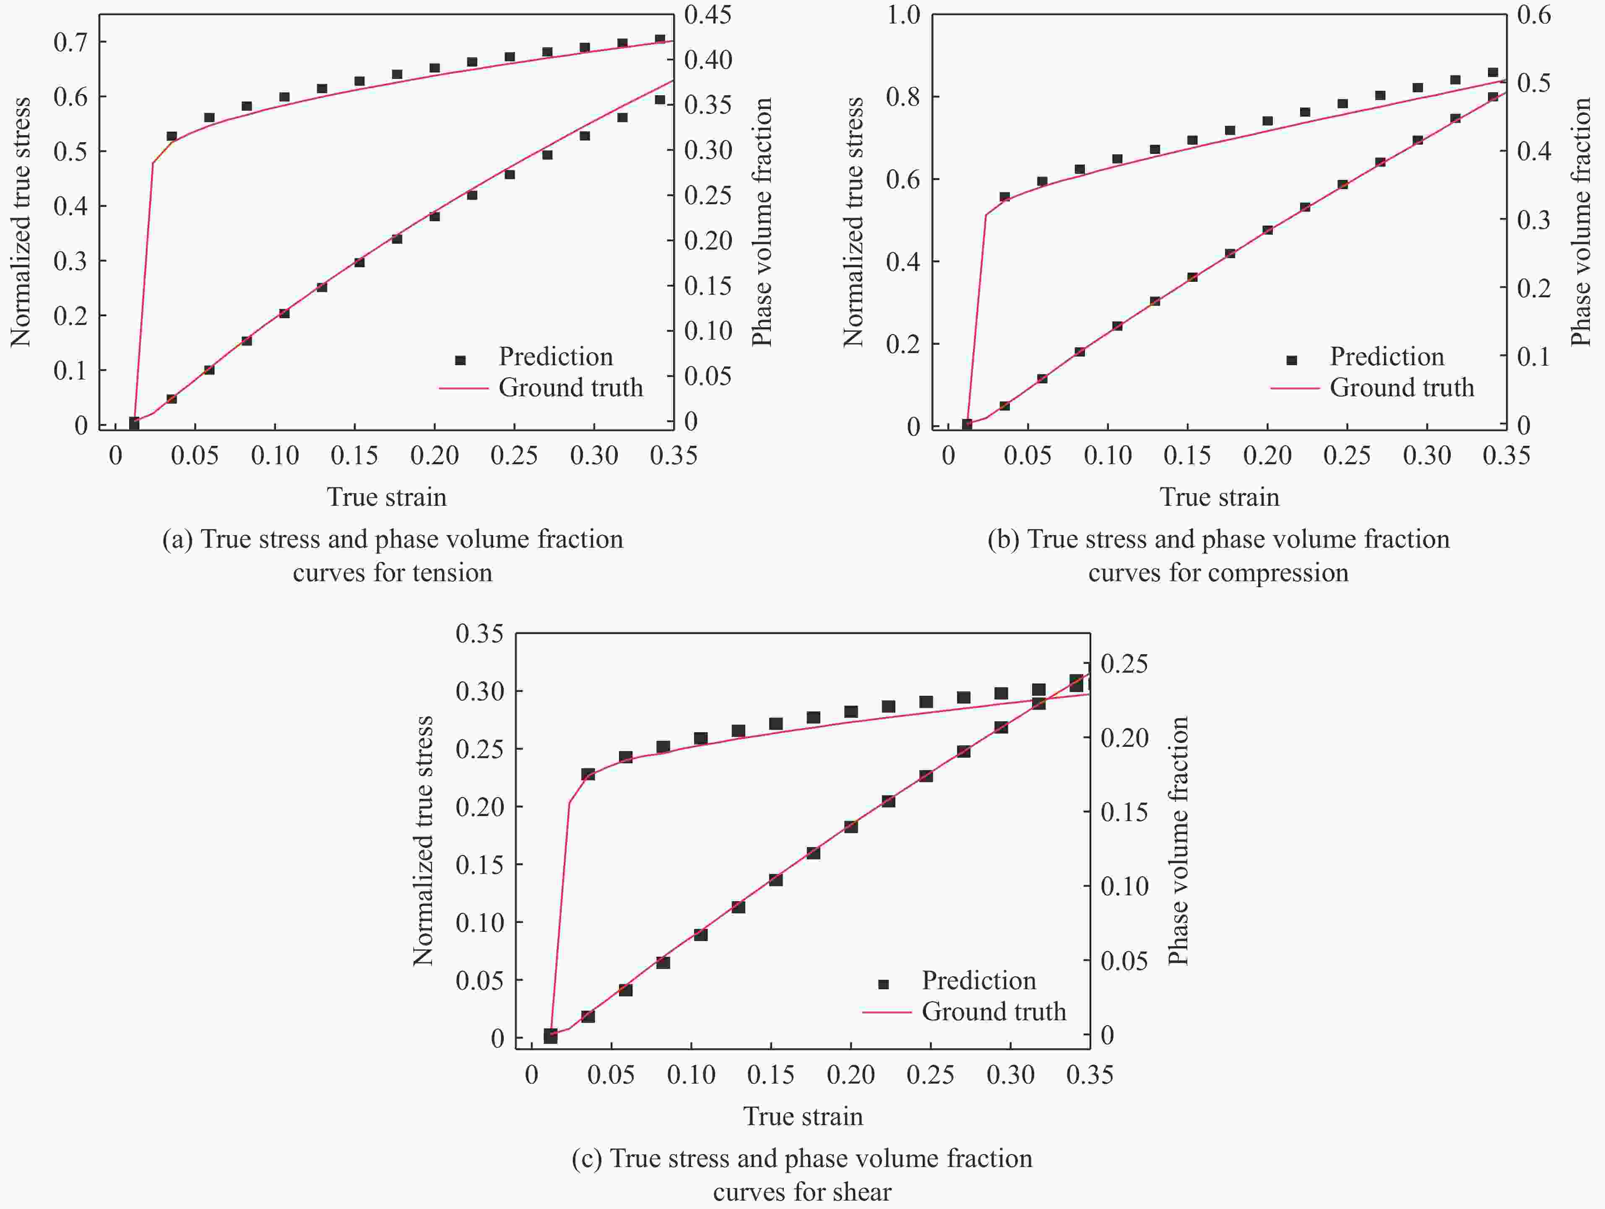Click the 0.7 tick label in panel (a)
pyautogui.click(x=70, y=42)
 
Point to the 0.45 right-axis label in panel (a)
pyautogui.click(x=708, y=15)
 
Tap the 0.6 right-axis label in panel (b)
pyautogui.click(x=1534, y=15)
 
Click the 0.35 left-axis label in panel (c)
pyautogui.click(x=479, y=634)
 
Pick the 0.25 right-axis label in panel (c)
pyautogui.click(x=1124, y=663)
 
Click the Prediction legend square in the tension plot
pyautogui.click(x=460, y=360)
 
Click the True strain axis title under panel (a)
pyautogui.click(x=387, y=497)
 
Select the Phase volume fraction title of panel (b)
pyautogui.click(x=1580, y=221)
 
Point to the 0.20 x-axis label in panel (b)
pyautogui.click(x=1267, y=456)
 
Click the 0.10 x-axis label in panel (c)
pyautogui.click(x=691, y=1075)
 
